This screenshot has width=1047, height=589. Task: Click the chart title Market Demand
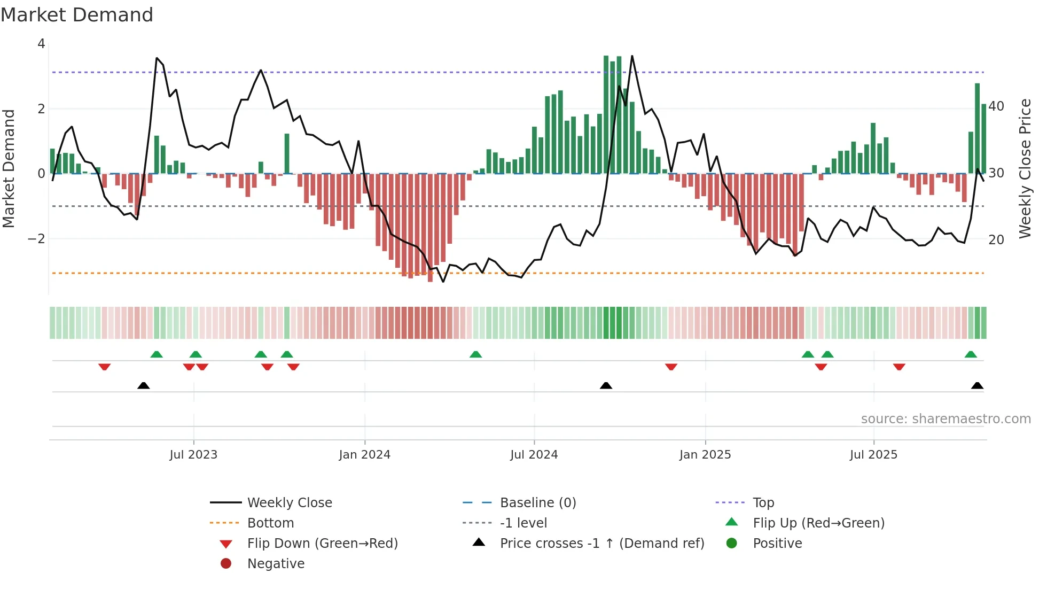point(77,15)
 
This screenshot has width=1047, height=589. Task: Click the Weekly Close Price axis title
point(1025,168)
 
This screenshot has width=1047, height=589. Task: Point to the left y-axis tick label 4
point(41,44)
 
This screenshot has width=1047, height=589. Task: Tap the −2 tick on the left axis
point(36,238)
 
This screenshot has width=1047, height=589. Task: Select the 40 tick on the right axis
point(996,106)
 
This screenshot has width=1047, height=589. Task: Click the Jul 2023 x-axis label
point(193,455)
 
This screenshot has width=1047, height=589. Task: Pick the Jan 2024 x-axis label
point(365,455)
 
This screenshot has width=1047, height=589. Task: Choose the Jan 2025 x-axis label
point(705,455)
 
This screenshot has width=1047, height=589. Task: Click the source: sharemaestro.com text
point(946,419)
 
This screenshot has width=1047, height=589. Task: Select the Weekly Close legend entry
point(289,503)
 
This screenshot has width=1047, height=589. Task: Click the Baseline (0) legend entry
point(537,503)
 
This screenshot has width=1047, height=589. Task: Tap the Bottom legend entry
point(270,523)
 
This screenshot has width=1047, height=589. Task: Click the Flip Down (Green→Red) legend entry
point(322,544)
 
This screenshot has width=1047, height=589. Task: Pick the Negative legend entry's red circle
point(226,564)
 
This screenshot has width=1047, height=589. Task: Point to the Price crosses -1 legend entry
point(601,544)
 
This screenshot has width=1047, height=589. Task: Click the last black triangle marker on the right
point(977,385)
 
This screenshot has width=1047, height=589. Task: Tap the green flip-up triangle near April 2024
point(475,354)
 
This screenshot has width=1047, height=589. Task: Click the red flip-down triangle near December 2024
point(671,367)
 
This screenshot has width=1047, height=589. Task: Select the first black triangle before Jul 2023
point(143,385)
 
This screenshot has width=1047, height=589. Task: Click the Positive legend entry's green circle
point(732,544)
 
